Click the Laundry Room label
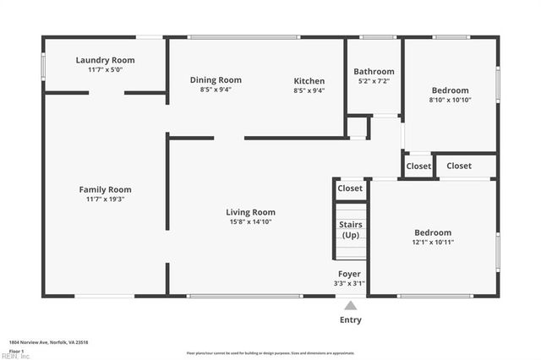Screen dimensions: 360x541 click(x=105, y=60)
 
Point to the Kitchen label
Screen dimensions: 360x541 click(x=309, y=80)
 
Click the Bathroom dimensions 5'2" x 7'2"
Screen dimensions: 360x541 click(x=374, y=81)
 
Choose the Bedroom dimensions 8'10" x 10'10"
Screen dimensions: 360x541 click(x=450, y=101)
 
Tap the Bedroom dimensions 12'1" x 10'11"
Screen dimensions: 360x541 click(x=433, y=243)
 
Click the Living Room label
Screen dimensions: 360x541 click(x=250, y=212)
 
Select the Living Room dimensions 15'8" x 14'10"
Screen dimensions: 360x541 click(x=250, y=222)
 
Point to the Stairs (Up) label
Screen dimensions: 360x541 click(x=350, y=230)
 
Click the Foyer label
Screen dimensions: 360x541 click(x=350, y=274)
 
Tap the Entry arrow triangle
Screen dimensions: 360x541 click(x=350, y=305)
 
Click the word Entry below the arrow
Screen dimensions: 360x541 click(x=350, y=319)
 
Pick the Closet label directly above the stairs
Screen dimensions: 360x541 click(x=350, y=188)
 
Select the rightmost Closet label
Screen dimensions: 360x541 click(x=459, y=166)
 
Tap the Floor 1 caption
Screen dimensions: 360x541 click(x=16, y=350)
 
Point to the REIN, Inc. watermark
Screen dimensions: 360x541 click(x=14, y=356)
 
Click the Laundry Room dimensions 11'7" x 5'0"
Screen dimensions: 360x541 click(x=105, y=70)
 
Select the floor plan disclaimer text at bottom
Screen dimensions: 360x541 click(x=270, y=352)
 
